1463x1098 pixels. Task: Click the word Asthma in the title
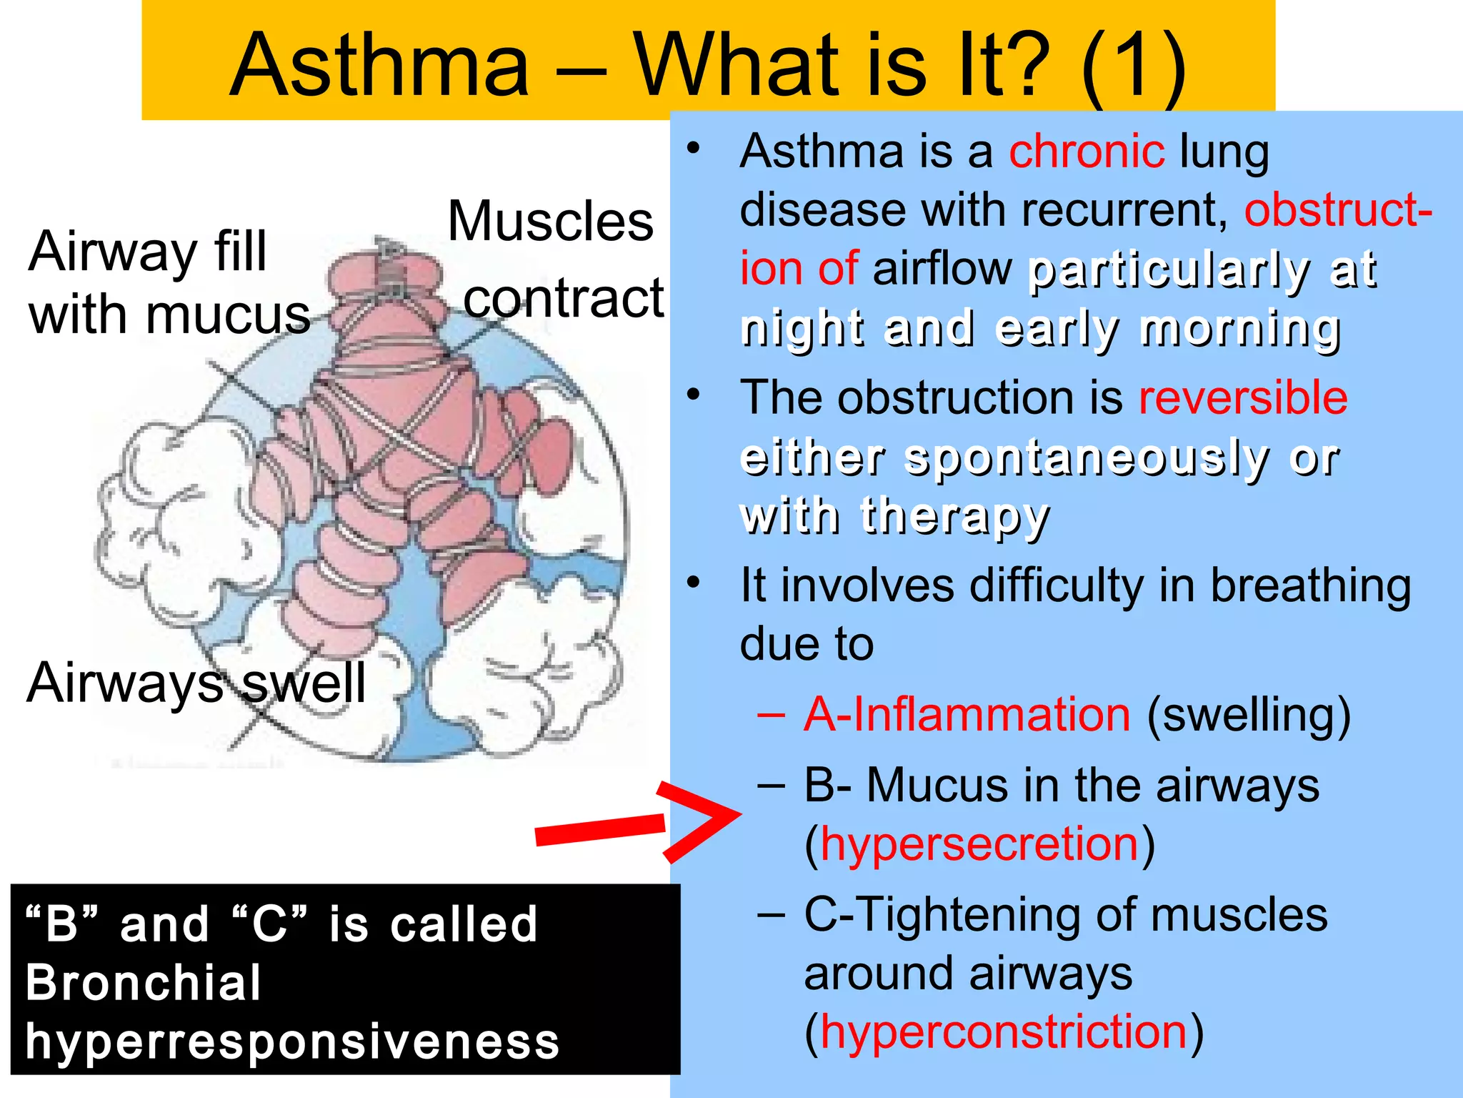[379, 66]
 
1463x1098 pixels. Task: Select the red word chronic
[1087, 152]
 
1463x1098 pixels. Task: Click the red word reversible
[1243, 397]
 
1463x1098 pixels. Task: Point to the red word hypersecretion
[979, 844]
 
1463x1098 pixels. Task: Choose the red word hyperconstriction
[1004, 1032]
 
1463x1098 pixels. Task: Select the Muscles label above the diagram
[550, 222]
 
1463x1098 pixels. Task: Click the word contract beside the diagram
[564, 299]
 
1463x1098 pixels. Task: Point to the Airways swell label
[196, 683]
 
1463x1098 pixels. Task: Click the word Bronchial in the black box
[143, 983]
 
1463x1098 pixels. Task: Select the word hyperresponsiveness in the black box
[292, 1041]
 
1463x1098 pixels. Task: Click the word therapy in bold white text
[955, 516]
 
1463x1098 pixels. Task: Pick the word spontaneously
[1086, 457]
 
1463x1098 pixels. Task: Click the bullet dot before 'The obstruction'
[693, 395]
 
